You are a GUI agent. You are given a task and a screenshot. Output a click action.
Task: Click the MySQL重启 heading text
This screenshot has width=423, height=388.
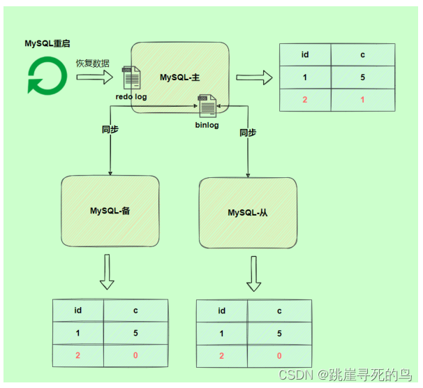coord(47,43)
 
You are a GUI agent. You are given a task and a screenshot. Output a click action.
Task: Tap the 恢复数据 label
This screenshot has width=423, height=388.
coord(91,63)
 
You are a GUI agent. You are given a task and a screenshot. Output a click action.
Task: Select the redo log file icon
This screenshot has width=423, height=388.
coord(131,78)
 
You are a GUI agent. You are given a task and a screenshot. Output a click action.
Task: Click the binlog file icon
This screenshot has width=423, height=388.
coord(208,107)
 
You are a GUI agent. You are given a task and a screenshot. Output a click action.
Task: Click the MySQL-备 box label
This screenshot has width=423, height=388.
coord(110,210)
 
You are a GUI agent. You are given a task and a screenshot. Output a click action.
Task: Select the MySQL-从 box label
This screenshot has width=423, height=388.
coord(248,212)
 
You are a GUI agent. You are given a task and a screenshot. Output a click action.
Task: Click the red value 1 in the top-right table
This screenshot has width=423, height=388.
coord(362,100)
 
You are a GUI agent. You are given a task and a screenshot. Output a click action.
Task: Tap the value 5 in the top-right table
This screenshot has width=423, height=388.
coord(362,77)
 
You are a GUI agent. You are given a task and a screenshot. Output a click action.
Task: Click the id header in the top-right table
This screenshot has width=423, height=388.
coord(305,54)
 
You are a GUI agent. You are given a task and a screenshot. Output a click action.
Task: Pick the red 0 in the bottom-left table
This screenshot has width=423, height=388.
coord(135,355)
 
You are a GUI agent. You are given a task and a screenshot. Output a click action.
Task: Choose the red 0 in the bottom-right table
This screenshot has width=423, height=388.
coord(279,356)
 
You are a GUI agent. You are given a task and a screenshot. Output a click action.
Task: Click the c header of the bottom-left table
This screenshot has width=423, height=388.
coord(135,311)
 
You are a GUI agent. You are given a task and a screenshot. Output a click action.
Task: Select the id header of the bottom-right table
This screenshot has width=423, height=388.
coord(221,311)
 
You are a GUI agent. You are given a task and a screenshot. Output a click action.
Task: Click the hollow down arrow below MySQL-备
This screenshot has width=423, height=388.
coord(107,273)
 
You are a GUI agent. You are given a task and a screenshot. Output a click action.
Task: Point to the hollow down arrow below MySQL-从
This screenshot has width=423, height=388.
coord(254,274)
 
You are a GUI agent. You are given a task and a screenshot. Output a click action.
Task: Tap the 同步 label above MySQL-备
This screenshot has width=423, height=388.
coord(110,130)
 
